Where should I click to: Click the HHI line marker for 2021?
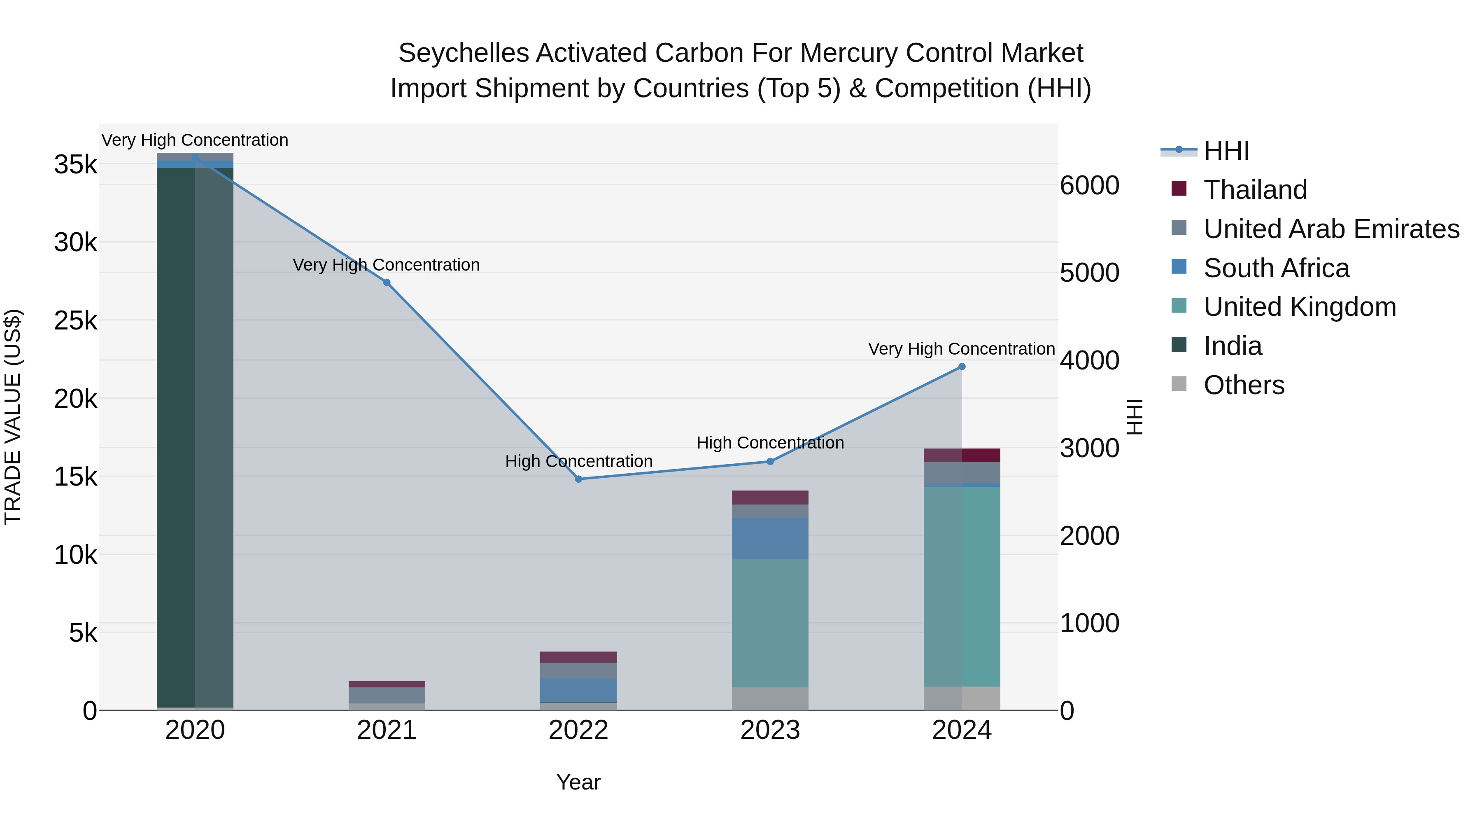pyautogui.click(x=387, y=283)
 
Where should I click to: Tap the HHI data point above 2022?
pyautogui.click(x=579, y=479)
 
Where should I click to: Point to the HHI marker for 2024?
pyautogui.click(x=962, y=367)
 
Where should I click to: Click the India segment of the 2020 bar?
pyautogui.click(x=195, y=437)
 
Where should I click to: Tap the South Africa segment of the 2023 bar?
pyautogui.click(x=770, y=538)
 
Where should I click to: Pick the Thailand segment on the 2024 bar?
pyautogui.click(x=962, y=455)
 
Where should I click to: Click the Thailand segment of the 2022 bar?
pyautogui.click(x=579, y=657)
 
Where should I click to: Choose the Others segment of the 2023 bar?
pyautogui.click(x=770, y=699)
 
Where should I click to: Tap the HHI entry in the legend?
pyautogui.click(x=1226, y=151)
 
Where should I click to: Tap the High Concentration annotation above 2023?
pyautogui.click(x=770, y=443)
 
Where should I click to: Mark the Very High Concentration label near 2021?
pyautogui.click(x=386, y=265)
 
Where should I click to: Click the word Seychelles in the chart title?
pyautogui.click(x=463, y=53)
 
